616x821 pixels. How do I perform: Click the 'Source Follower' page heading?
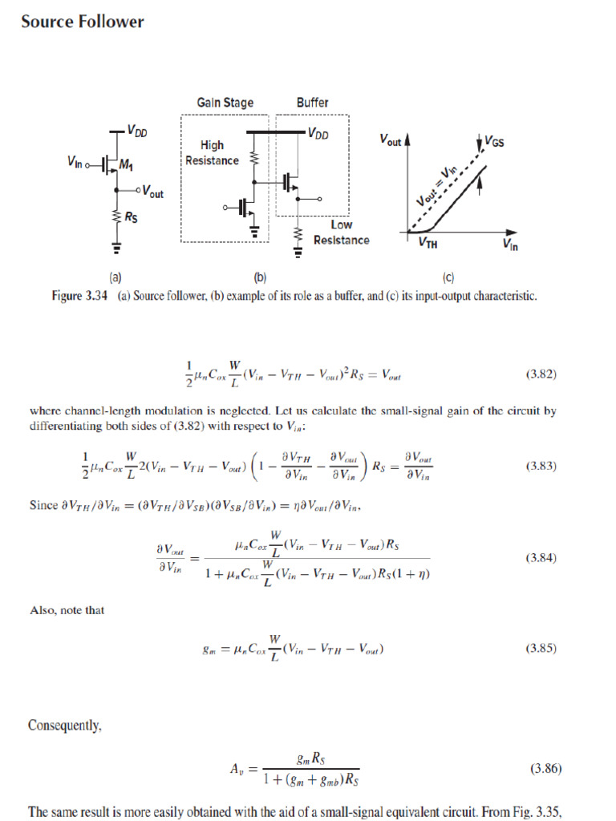pos(83,22)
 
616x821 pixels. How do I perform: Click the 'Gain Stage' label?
pos(225,103)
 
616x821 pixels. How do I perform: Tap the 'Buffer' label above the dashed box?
pos(312,103)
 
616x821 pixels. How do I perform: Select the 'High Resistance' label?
pos(213,153)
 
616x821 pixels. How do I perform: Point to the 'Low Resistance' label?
pos(342,233)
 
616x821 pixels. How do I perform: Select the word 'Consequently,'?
pos(65,726)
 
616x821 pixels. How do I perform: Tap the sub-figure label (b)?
pos(260,278)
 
